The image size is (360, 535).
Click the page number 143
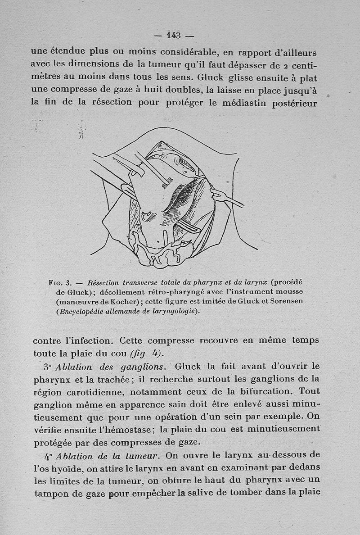coord(173,35)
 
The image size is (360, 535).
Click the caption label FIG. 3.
coord(60,283)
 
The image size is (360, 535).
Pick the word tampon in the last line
coord(52,493)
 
